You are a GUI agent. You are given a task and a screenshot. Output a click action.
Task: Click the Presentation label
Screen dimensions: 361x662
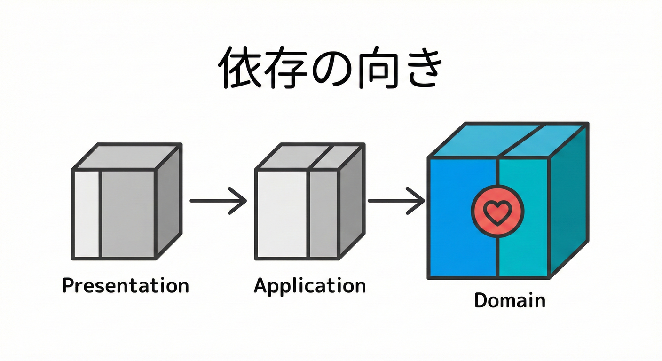[x=126, y=285]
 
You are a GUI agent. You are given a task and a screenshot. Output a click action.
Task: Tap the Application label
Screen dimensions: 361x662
[x=309, y=285]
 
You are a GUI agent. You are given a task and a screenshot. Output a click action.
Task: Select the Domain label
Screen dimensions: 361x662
[x=510, y=300]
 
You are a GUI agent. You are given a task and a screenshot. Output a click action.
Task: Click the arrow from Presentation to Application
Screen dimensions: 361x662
[x=218, y=201]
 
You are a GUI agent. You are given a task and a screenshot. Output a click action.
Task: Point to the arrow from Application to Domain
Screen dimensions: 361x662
[x=396, y=201]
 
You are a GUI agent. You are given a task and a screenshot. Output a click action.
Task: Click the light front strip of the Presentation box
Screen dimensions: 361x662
[x=87, y=214]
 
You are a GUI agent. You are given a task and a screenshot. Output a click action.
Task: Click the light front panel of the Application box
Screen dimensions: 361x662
[x=281, y=214]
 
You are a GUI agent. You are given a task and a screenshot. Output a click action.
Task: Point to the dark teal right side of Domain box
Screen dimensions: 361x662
[x=569, y=202]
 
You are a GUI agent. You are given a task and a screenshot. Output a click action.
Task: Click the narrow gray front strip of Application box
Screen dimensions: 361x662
[x=323, y=214]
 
